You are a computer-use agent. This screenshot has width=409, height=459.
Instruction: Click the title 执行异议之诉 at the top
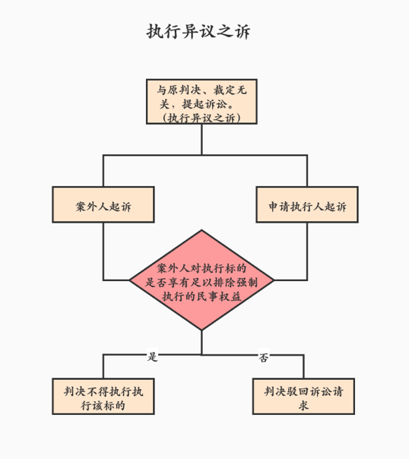198,31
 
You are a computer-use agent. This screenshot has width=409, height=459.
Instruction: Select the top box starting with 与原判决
201,102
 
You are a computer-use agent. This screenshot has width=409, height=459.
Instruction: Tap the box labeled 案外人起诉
103,204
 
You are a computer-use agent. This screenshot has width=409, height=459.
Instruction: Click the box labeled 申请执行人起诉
307,204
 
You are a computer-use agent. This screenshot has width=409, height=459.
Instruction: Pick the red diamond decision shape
201,280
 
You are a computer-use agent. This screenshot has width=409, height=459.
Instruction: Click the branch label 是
152,356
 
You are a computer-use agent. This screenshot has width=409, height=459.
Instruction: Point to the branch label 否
264,357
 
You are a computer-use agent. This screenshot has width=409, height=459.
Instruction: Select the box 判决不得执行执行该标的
103,397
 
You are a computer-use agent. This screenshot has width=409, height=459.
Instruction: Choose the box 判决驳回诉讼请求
303,397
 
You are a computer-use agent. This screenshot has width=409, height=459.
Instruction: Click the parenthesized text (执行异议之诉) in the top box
201,118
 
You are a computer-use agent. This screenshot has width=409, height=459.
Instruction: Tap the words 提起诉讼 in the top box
204,104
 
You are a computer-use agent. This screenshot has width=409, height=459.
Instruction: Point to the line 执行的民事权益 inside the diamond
201,296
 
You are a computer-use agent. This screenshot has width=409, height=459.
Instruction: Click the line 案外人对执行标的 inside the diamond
201,268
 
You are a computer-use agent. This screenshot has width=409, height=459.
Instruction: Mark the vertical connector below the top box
201,139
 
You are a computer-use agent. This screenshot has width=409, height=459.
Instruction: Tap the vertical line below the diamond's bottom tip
201,343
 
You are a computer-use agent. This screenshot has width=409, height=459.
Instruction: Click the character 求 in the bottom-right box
303,406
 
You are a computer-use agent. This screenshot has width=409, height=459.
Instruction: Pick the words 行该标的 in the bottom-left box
103,406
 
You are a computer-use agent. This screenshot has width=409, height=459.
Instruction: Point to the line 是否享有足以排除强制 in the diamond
201,283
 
